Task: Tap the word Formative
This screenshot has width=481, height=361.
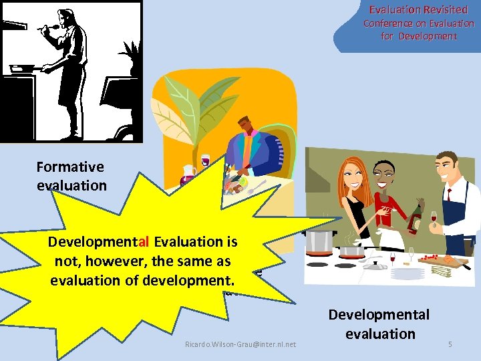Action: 70,167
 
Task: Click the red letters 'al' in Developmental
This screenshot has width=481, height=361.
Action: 147,242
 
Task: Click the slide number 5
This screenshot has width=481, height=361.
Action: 450,344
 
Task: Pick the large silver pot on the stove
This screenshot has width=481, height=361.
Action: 319,240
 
